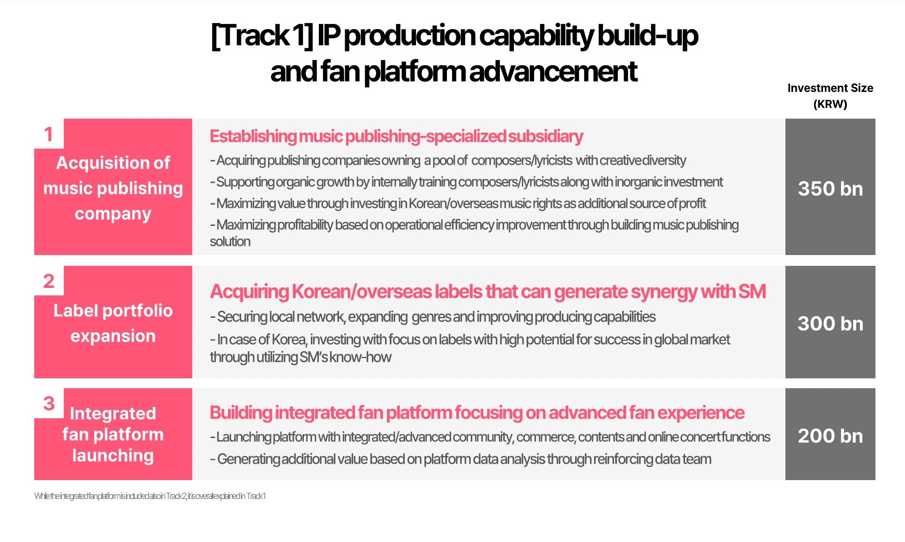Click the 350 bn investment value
pyautogui.click(x=830, y=188)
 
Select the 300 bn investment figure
pyautogui.click(x=830, y=324)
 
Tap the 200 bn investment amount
pyautogui.click(x=830, y=436)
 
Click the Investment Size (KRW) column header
pyautogui.click(x=830, y=96)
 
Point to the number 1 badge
pyautogui.click(x=49, y=134)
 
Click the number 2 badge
pyautogui.click(x=49, y=281)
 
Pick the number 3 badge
pyautogui.click(x=49, y=403)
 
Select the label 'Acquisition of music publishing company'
pyautogui.click(x=113, y=188)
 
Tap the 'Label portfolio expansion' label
pyautogui.click(x=113, y=323)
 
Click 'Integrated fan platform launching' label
pyautogui.click(x=113, y=434)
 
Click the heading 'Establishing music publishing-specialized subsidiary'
pyautogui.click(x=396, y=136)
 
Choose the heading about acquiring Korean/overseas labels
pyautogui.click(x=488, y=291)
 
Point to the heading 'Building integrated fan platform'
pyautogui.click(x=477, y=413)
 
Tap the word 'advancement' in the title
pyautogui.click(x=553, y=71)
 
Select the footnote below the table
pyautogui.click(x=150, y=496)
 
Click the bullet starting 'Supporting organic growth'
pyautogui.click(x=467, y=182)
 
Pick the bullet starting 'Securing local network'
pyautogui.click(x=433, y=317)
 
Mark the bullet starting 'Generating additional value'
pyautogui.click(x=460, y=459)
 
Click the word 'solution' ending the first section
pyautogui.click(x=230, y=241)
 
